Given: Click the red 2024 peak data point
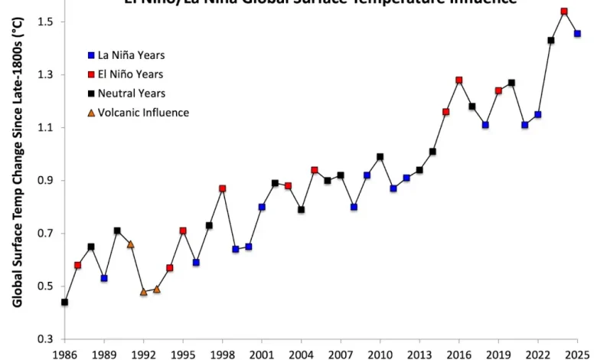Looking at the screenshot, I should click(x=564, y=11).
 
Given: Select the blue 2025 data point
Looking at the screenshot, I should click(x=577, y=34).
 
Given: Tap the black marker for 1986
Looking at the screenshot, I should click(x=64, y=302).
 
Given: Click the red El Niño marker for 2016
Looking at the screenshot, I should click(x=459, y=80).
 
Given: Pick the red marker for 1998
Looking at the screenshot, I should click(x=222, y=188).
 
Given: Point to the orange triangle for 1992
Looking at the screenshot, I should click(x=143, y=291).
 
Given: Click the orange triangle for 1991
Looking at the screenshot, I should click(x=130, y=244).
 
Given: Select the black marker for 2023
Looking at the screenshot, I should click(x=551, y=41).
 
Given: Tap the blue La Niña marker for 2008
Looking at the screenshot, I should click(x=354, y=207).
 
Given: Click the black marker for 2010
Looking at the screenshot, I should click(x=380, y=157).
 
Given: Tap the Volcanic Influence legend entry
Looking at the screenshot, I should click(x=142, y=113).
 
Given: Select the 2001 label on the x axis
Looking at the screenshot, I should click(x=262, y=354).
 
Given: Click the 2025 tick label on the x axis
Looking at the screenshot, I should click(x=577, y=354).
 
